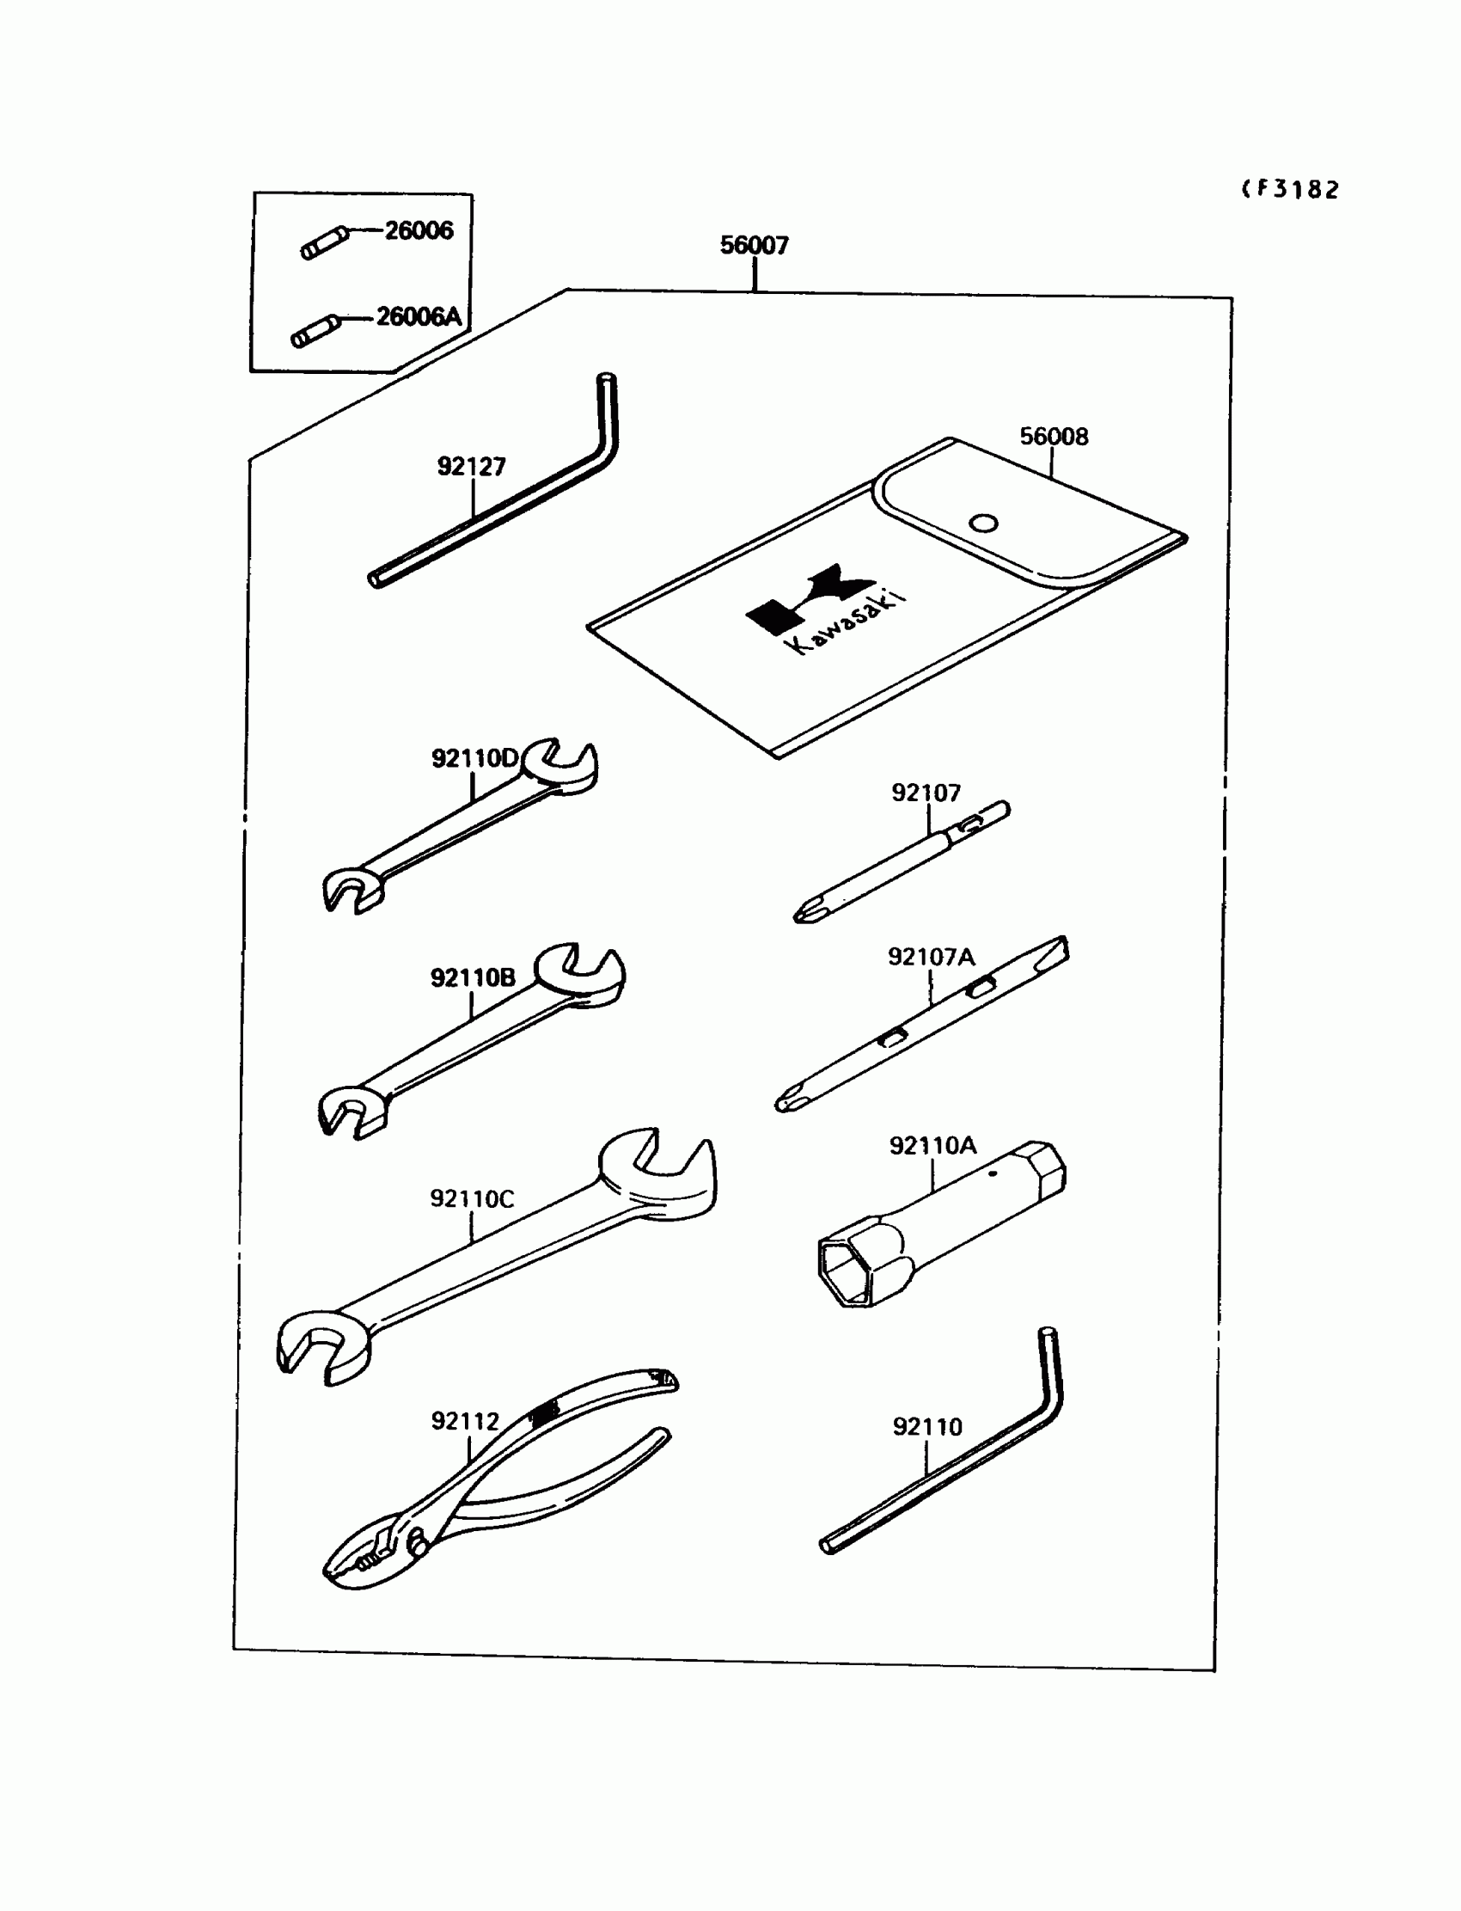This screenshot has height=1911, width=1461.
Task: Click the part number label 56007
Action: click(x=754, y=245)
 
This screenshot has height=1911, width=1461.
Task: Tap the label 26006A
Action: click(x=419, y=316)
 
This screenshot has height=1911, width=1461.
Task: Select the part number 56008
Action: click(x=1053, y=437)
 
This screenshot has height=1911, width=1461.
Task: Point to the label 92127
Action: click(x=470, y=467)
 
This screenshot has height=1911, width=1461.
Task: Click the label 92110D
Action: click(x=474, y=758)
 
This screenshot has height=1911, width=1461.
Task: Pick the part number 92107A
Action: click(x=931, y=957)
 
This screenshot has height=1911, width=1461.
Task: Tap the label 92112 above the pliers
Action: click(x=465, y=1421)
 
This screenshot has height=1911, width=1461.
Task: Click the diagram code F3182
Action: click(x=1292, y=190)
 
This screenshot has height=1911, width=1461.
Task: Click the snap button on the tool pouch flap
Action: click(x=983, y=524)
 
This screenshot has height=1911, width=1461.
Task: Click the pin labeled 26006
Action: click(x=324, y=242)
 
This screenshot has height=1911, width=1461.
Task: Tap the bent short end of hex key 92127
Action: click(x=607, y=409)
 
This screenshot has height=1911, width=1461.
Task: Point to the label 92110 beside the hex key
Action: click(x=927, y=1426)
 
